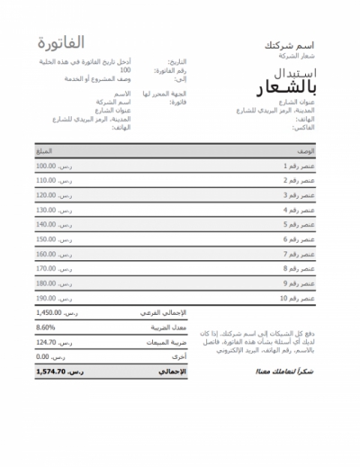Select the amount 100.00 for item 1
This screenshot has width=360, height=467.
(x=46, y=166)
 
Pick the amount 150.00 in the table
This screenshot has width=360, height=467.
(x=46, y=238)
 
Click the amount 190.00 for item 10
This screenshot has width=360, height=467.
(x=46, y=297)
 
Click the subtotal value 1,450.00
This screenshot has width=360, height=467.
(x=49, y=313)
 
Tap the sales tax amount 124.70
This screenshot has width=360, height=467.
(x=46, y=342)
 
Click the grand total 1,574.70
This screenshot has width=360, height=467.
(x=50, y=371)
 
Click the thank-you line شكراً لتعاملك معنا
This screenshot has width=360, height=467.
(x=288, y=371)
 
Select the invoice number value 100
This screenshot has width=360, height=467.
(x=125, y=69)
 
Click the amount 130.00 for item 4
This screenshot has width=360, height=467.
(x=46, y=210)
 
